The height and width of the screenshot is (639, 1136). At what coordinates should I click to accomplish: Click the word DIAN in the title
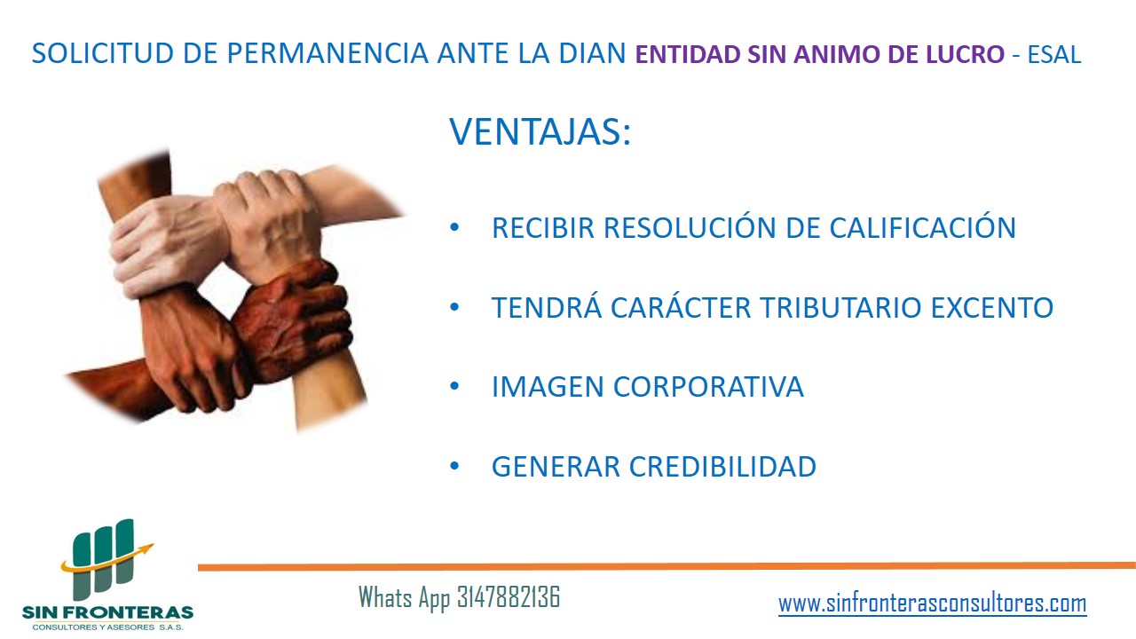click(592, 53)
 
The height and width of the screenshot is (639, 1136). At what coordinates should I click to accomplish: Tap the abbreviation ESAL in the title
click(1054, 55)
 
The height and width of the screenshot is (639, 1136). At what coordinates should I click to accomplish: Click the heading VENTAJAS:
click(540, 132)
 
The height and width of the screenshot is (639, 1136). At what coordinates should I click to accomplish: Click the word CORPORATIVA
click(708, 387)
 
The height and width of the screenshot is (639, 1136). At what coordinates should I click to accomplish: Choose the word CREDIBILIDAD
click(722, 467)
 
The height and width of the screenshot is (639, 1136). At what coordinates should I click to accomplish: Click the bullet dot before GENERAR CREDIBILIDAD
click(454, 466)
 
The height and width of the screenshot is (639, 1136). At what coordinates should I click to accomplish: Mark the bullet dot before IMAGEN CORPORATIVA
click(454, 386)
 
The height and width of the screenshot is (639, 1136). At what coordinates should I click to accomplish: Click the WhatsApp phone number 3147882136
click(509, 597)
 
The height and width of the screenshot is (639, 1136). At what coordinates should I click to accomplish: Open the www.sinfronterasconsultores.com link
click(933, 603)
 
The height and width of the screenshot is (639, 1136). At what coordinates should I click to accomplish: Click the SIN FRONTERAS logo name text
click(107, 612)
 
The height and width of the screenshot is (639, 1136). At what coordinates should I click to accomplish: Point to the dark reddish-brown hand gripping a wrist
click(293, 320)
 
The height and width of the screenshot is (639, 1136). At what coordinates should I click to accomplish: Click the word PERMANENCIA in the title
click(327, 53)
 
